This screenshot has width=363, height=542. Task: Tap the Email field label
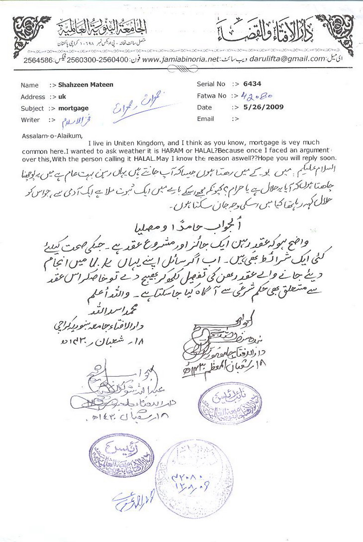(205, 118)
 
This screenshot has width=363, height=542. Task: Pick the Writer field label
(30, 120)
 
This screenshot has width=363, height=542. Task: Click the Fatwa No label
(211, 96)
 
